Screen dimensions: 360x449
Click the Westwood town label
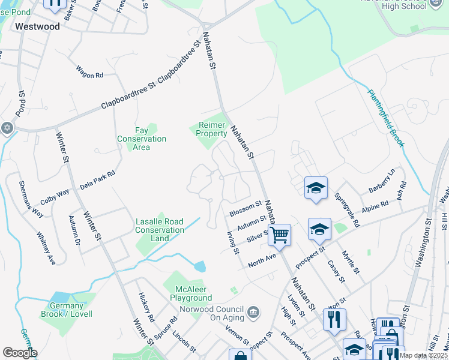37,26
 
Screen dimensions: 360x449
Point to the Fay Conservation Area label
142,139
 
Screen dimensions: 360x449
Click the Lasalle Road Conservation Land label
160,230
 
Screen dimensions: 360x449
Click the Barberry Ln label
382,181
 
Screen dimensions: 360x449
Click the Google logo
20,353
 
